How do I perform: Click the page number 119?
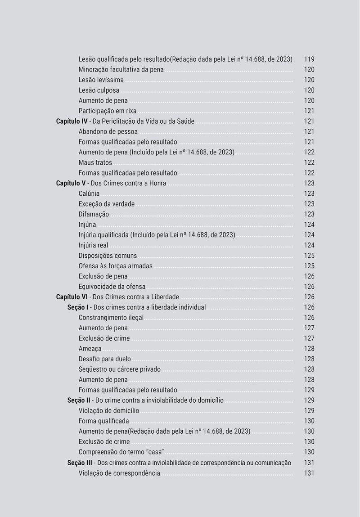[309, 59]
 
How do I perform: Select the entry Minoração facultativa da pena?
[121, 70]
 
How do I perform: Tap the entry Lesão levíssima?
[101, 80]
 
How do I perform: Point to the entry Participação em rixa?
[107, 111]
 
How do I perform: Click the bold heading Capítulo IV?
[72, 121]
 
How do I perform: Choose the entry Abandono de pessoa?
[108, 132]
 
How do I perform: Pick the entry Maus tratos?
[95, 163]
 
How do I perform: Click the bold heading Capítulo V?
[71, 184]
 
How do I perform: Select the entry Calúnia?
[89, 194]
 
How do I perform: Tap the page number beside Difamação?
[309, 215]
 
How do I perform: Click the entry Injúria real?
[93, 246]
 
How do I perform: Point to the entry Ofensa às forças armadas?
[115, 266]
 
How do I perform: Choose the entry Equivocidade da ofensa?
[112, 287]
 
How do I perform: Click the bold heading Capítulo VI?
[72, 297]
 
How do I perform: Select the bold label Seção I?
[78, 308]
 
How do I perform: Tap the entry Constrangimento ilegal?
[111, 318]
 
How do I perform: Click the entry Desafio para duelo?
[104, 360]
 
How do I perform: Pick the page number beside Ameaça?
[309, 349]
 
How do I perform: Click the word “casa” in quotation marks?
[155, 452]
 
